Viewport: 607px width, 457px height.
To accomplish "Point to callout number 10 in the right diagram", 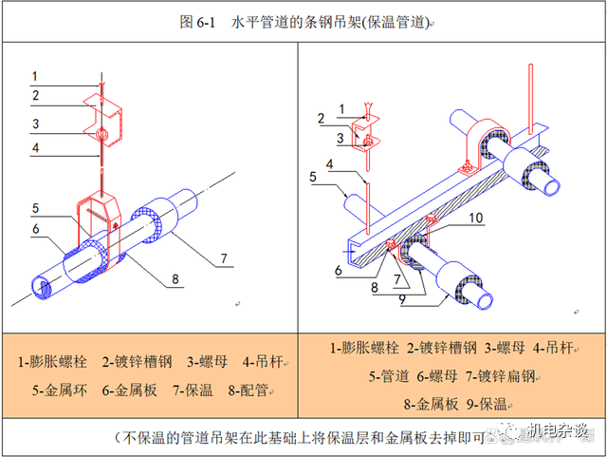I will click(x=476, y=218).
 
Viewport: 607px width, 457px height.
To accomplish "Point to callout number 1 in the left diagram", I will click(x=33, y=76).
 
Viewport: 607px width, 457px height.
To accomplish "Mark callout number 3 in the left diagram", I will click(x=33, y=124).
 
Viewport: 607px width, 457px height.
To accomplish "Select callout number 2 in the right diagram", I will click(x=322, y=119).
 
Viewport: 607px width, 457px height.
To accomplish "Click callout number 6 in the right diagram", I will click(x=337, y=270).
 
